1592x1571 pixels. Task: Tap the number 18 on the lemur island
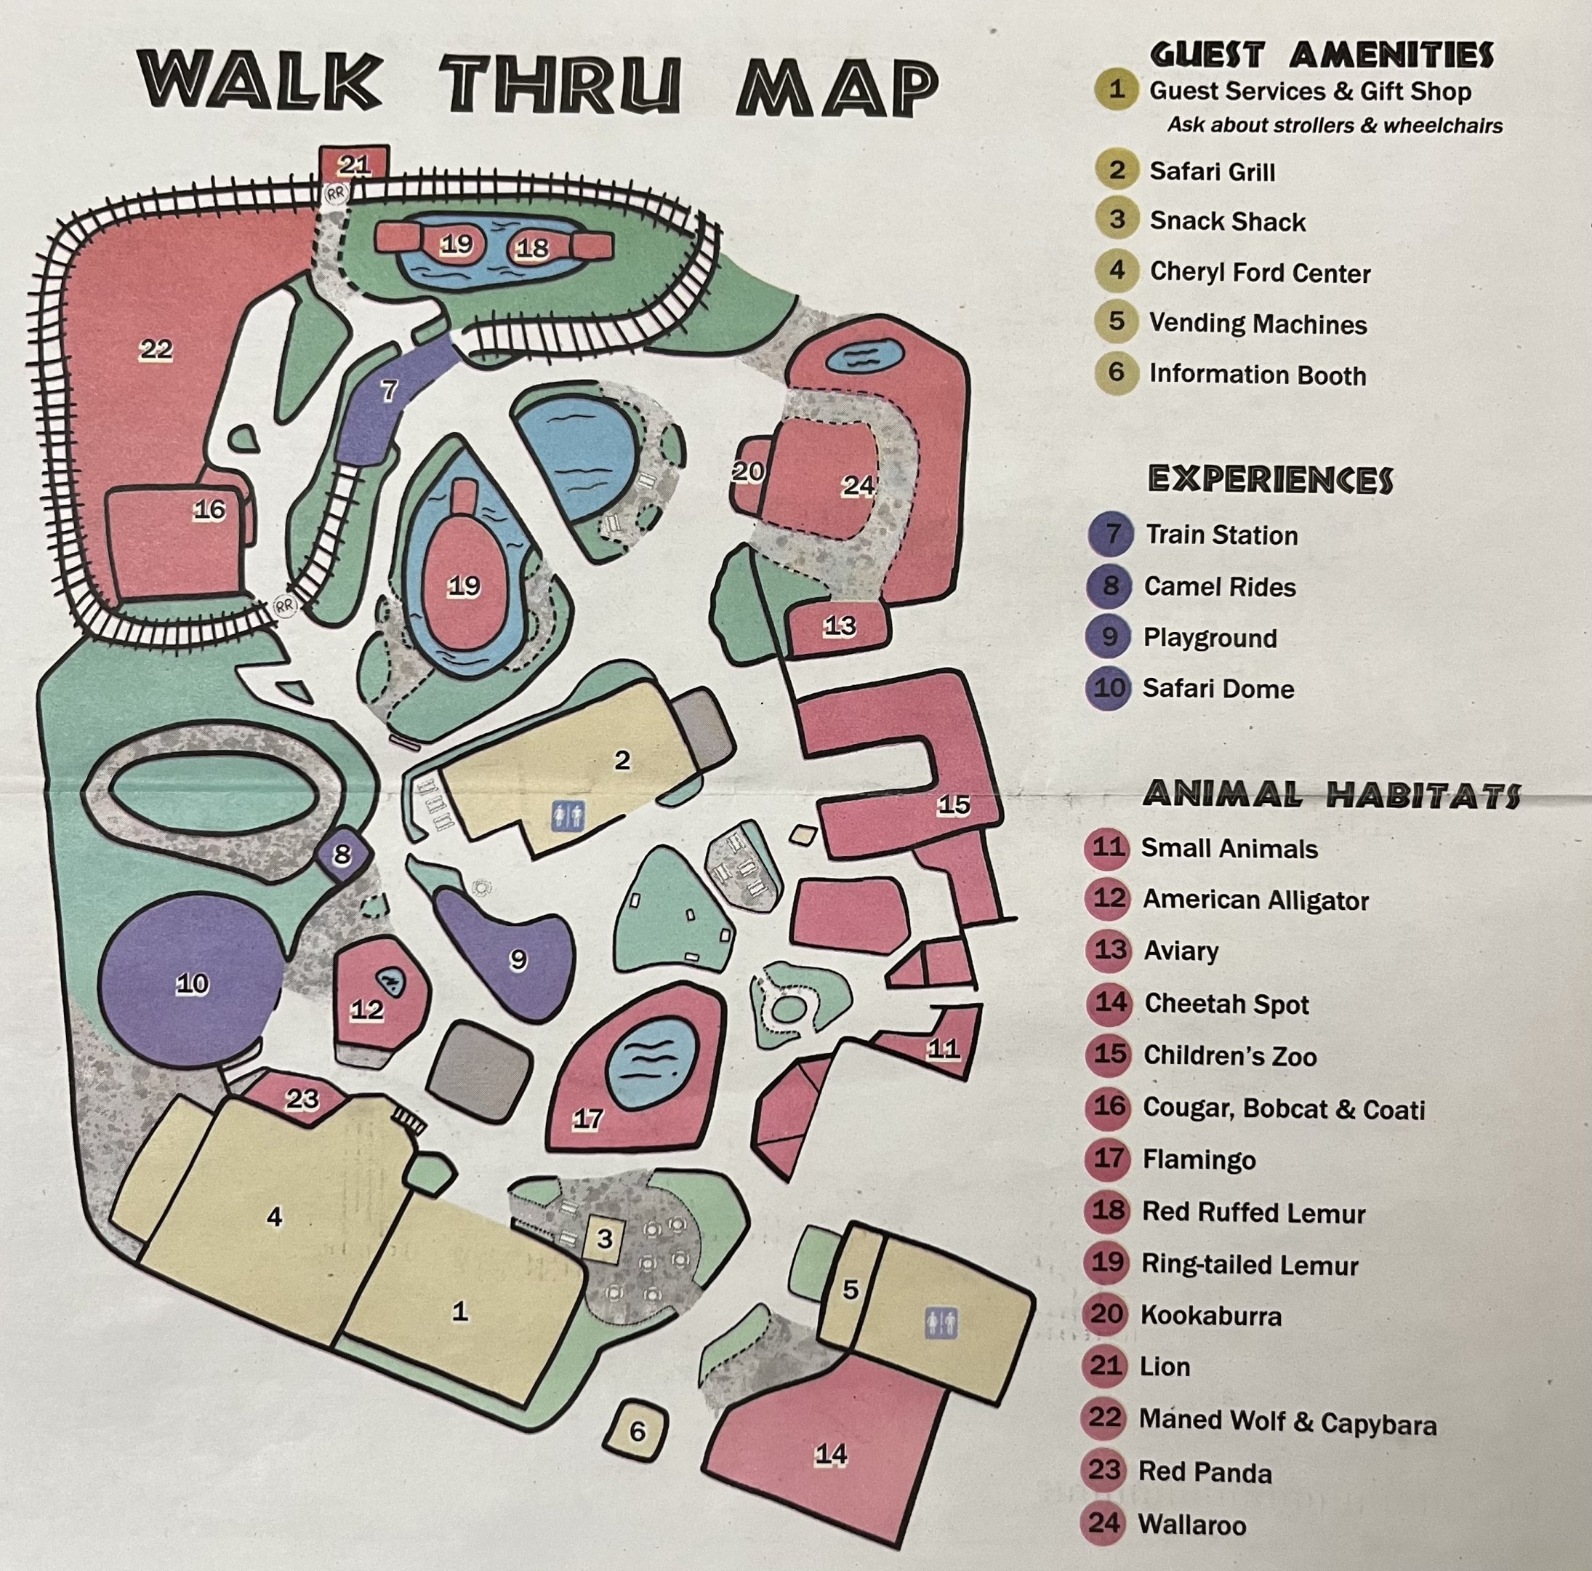[x=532, y=247]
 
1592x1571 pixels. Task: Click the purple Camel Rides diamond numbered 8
[x=342, y=855]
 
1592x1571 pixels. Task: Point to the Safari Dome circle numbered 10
[x=192, y=983]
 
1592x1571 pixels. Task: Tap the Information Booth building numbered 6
[x=637, y=1431]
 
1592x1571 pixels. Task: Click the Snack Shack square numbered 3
[x=605, y=1238]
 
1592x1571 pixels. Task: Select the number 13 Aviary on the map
[x=839, y=626]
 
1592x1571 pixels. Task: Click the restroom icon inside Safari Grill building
[x=568, y=815]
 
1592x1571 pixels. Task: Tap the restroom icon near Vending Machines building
[x=941, y=1323]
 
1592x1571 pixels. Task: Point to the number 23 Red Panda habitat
[x=302, y=1099]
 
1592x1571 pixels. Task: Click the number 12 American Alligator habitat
[x=368, y=1009]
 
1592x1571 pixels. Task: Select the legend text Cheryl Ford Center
[x=1259, y=273]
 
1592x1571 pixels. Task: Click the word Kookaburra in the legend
[x=1210, y=1316]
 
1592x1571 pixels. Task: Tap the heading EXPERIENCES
[x=1270, y=480]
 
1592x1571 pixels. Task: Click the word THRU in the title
[x=560, y=85]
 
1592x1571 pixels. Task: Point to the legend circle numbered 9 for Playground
[x=1109, y=637]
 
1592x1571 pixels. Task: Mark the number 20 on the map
[x=747, y=471]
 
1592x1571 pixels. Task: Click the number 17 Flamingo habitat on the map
[x=587, y=1119]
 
